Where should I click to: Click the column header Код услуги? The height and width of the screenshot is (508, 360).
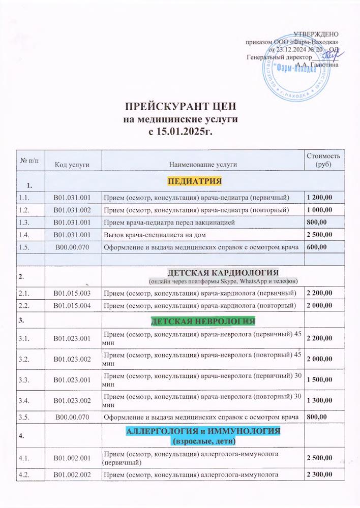pos(75,166)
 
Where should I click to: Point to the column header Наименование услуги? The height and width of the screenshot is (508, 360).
pos(203,166)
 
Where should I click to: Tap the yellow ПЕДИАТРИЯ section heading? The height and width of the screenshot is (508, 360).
pos(203,181)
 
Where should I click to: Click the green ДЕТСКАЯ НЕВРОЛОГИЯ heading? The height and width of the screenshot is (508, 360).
pos(203,321)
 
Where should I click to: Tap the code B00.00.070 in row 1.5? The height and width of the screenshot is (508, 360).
pos(75,246)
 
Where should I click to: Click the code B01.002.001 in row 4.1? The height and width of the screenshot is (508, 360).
pos(75,459)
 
